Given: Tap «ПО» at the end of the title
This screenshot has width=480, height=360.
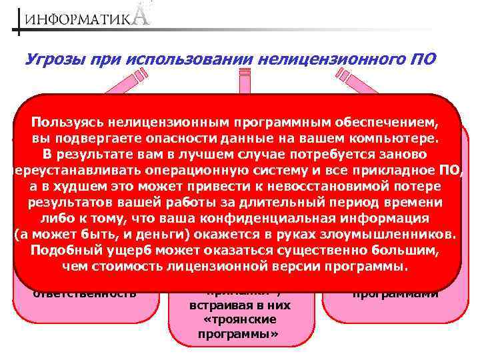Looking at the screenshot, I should tap(421, 59).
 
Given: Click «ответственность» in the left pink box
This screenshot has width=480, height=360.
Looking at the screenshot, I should tap(85, 293).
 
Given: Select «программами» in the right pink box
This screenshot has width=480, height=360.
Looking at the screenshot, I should tap(396, 293).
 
